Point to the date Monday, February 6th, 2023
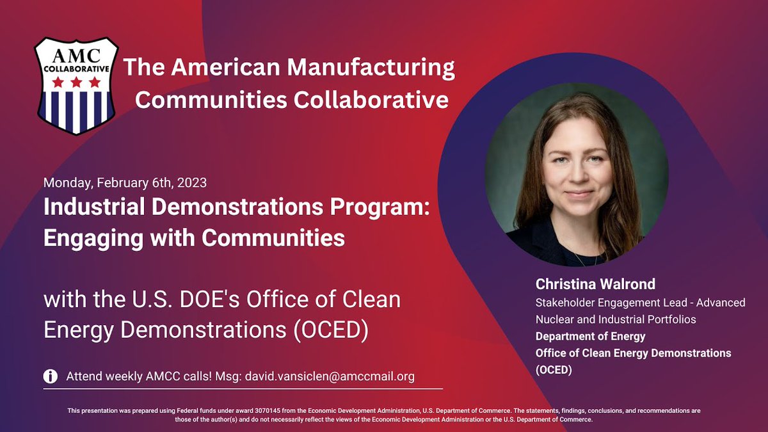125,182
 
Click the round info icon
51,376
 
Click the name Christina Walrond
595,284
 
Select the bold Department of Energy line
590,336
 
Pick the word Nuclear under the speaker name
555,319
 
